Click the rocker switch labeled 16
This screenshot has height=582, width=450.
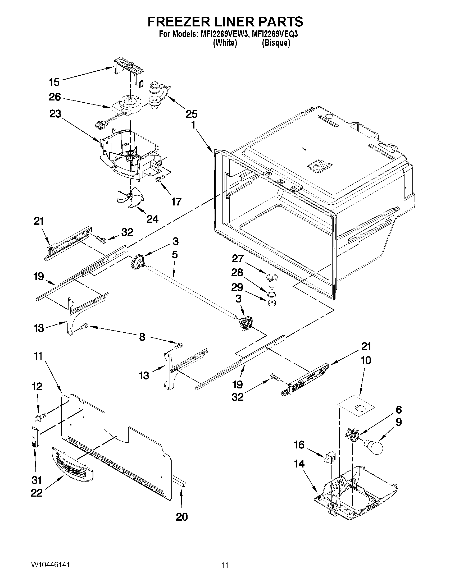pyautogui.click(x=328, y=457)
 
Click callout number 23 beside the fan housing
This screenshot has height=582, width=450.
pyautogui.click(x=55, y=114)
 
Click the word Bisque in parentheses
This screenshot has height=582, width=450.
pyautogui.click(x=276, y=43)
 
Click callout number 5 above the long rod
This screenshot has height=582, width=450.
pyautogui.click(x=175, y=255)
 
